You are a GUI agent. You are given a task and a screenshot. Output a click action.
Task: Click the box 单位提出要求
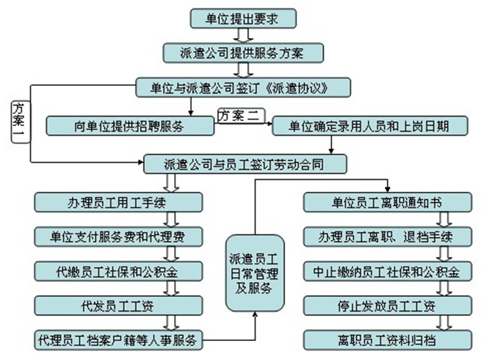tap(243, 18)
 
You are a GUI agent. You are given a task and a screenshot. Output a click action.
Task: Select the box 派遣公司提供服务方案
tap(243, 53)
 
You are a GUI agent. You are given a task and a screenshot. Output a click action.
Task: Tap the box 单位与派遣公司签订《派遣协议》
tap(243, 87)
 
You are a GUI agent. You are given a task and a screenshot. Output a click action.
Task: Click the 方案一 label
tap(20, 122)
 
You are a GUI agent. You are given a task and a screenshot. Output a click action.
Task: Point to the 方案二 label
tap(241, 116)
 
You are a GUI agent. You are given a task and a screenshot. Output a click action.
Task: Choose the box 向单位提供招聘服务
tap(130, 126)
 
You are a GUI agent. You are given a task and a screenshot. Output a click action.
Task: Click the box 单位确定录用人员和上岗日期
tap(369, 126)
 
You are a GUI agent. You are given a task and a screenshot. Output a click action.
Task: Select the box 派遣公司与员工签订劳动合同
tap(245, 164)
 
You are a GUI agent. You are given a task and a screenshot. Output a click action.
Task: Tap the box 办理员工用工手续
tap(119, 202)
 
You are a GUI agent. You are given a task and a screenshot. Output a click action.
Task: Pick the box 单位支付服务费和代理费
tap(119, 237)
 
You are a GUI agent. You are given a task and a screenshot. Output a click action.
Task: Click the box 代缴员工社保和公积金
tap(119, 271)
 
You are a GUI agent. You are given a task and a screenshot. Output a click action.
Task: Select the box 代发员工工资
tap(119, 306)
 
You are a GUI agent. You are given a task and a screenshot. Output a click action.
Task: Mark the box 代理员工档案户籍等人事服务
tap(119, 340)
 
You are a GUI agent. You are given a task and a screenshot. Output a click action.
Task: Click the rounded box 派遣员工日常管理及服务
tap(255, 274)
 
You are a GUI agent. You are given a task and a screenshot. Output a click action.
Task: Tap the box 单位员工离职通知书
tap(388, 202)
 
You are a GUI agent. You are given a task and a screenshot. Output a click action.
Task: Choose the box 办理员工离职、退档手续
tap(388, 237)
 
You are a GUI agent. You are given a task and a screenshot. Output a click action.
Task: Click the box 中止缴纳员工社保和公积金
tap(388, 271)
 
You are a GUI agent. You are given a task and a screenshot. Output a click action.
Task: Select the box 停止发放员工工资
tap(388, 306)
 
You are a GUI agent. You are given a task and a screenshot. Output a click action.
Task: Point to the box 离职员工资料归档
tap(388, 340)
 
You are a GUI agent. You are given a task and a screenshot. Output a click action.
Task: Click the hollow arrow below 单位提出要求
tap(243, 35)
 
